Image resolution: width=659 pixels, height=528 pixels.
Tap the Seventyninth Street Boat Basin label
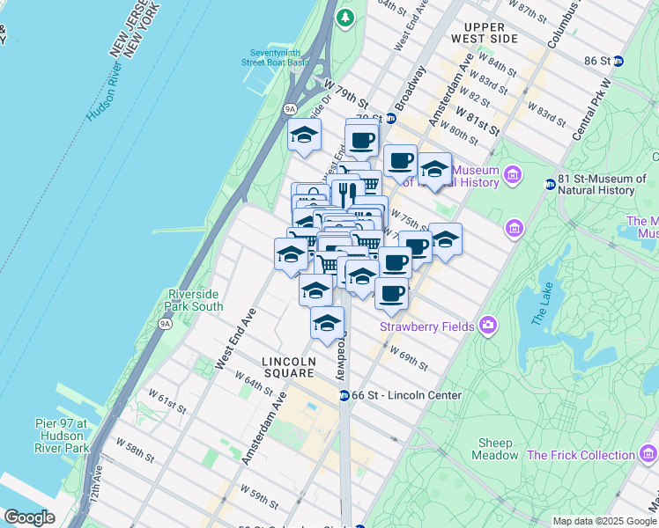pyautogui.click(x=276, y=57)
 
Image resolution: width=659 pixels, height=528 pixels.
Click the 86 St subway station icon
pyautogui.click(x=618, y=61)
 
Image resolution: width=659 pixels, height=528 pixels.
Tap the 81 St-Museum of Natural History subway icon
pyautogui.click(x=550, y=184)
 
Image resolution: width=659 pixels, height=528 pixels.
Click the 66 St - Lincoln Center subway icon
pyautogui.click(x=344, y=395)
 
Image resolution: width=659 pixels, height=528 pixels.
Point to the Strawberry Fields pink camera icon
pyautogui.click(x=488, y=326)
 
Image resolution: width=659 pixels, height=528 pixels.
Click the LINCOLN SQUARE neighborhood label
pyautogui.click(x=288, y=368)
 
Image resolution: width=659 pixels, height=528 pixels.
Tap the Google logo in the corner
pyautogui.click(x=29, y=517)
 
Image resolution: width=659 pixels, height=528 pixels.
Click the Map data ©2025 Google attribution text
pyautogui.click(x=604, y=521)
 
